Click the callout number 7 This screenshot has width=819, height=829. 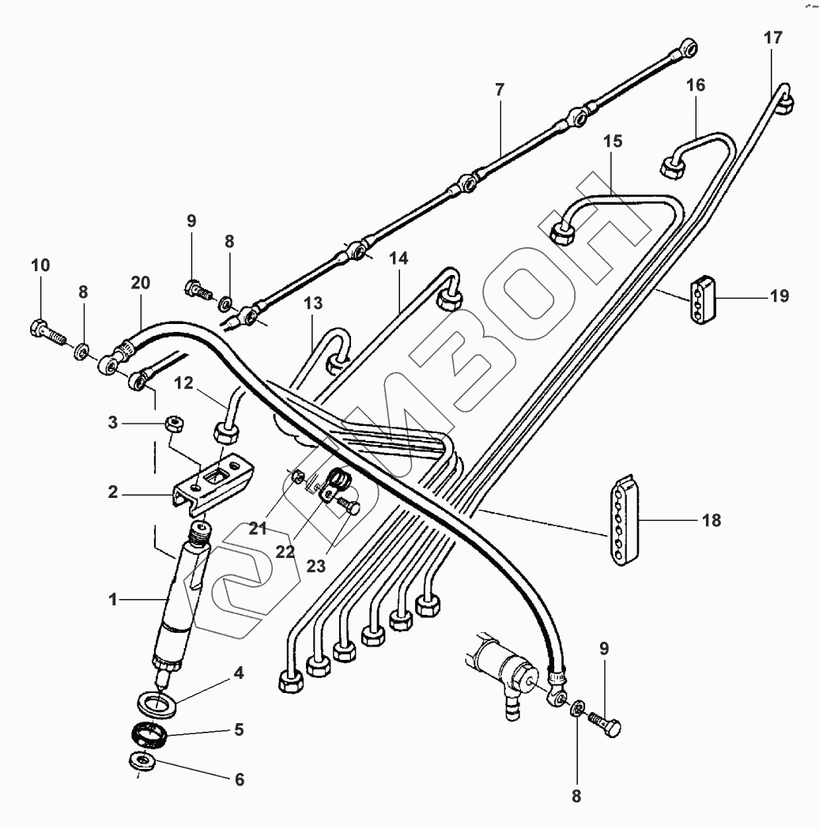[499, 90]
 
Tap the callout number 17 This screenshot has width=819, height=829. [772, 36]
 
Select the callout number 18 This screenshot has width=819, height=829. [711, 520]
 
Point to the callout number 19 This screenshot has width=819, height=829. [779, 297]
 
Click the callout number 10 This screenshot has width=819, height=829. [40, 265]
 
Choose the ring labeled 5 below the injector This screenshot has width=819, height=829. [150, 735]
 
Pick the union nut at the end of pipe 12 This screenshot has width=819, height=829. [225, 432]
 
